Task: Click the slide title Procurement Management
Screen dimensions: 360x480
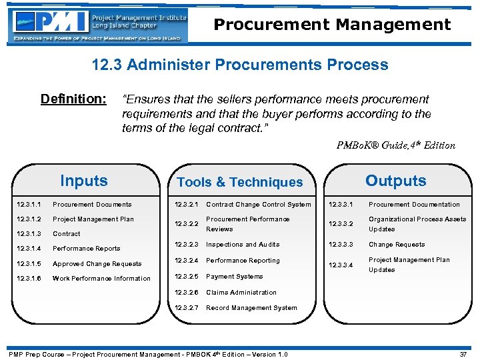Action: click(332, 25)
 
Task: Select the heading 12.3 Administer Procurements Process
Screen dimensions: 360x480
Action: click(240, 65)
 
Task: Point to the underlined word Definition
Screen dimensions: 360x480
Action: click(73, 99)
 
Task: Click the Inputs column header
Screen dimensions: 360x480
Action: click(83, 181)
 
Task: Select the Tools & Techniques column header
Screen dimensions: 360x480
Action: click(239, 182)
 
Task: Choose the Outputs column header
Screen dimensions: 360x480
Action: click(395, 181)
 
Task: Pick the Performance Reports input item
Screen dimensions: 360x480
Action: click(86, 249)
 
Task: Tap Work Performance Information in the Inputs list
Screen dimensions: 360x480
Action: click(101, 279)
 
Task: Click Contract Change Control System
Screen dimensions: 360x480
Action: click(258, 205)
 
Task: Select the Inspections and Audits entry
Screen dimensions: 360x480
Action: click(243, 245)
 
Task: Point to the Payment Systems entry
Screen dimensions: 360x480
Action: click(234, 277)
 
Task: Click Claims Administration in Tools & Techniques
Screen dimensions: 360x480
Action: click(241, 293)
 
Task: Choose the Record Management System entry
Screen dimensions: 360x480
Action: click(251, 308)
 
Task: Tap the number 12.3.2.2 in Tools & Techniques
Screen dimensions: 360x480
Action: click(187, 224)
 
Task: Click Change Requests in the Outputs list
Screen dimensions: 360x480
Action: click(397, 245)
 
